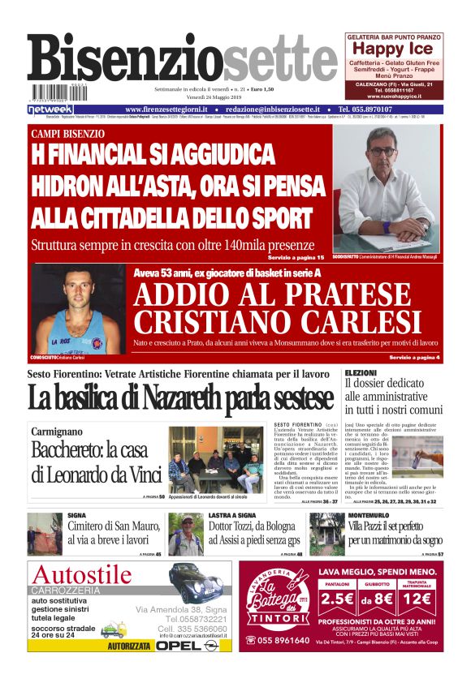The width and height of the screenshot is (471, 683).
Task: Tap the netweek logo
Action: pyautogui.click(x=50, y=109)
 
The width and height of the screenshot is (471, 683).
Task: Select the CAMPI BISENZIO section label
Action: pyautogui.click(x=67, y=133)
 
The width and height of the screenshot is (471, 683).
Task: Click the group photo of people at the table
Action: pyautogui.click(x=215, y=460)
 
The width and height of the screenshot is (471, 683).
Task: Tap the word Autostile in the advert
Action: pyautogui.click(x=82, y=575)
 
